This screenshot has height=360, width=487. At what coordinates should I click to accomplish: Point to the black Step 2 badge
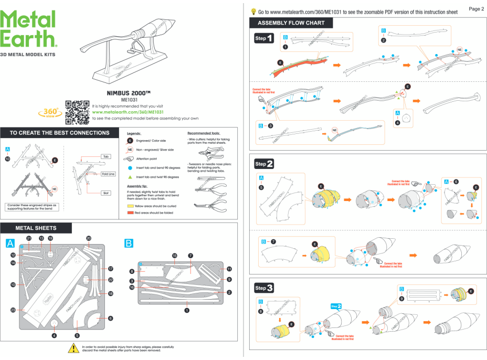tap(264, 164)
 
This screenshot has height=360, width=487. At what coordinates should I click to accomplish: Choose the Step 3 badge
tap(264, 288)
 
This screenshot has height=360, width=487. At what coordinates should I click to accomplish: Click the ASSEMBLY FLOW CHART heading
tap(291, 23)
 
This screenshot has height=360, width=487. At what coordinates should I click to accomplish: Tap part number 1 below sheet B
tap(187, 310)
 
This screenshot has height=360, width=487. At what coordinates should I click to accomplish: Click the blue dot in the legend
tap(131, 167)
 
